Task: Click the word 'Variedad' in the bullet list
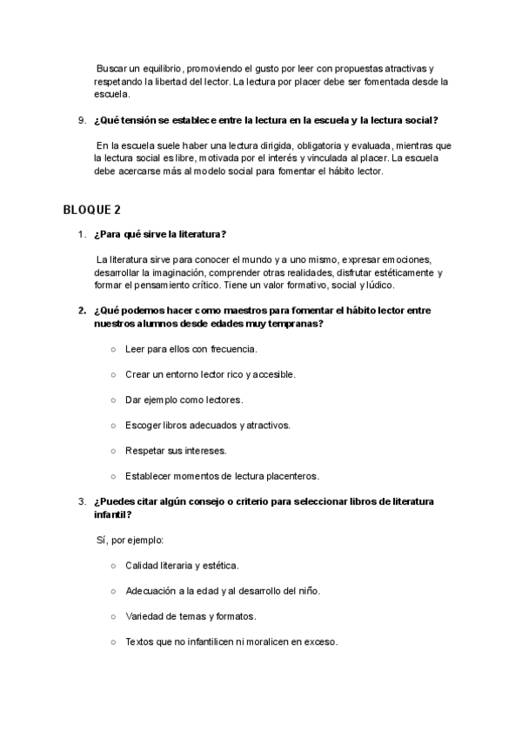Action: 144,616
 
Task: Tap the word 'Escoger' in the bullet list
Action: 143,426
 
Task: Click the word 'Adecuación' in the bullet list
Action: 151,591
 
